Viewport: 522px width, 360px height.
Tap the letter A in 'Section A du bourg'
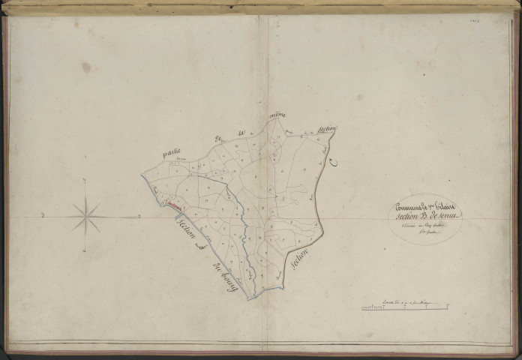[197, 245]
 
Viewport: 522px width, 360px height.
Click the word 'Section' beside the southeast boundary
[301, 262]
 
